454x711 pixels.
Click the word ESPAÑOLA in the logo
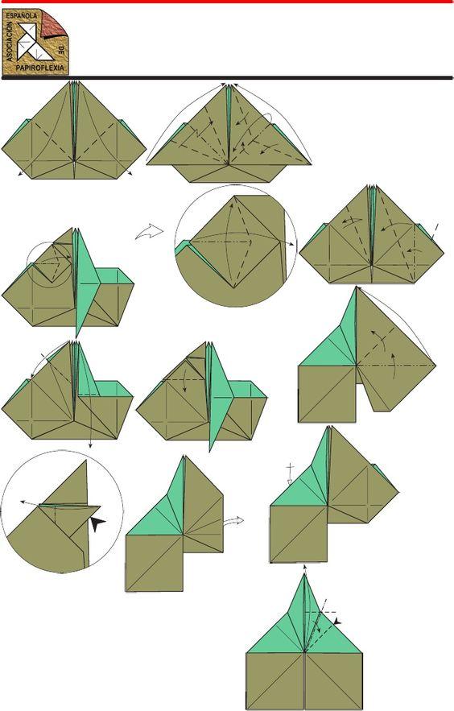[22, 15]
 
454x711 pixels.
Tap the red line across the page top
[227, 2]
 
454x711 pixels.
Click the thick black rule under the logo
[227, 77]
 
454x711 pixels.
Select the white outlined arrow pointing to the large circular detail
[149, 232]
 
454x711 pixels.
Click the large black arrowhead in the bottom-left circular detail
[97, 523]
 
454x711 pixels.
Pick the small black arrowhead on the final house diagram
[337, 622]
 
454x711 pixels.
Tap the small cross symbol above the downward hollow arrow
[291, 468]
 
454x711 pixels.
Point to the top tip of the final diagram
[304, 573]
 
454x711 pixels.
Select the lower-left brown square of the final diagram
[275, 680]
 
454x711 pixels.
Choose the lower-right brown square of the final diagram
[333, 680]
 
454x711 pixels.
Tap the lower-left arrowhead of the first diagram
[19, 175]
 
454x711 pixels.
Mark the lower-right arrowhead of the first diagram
[130, 173]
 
